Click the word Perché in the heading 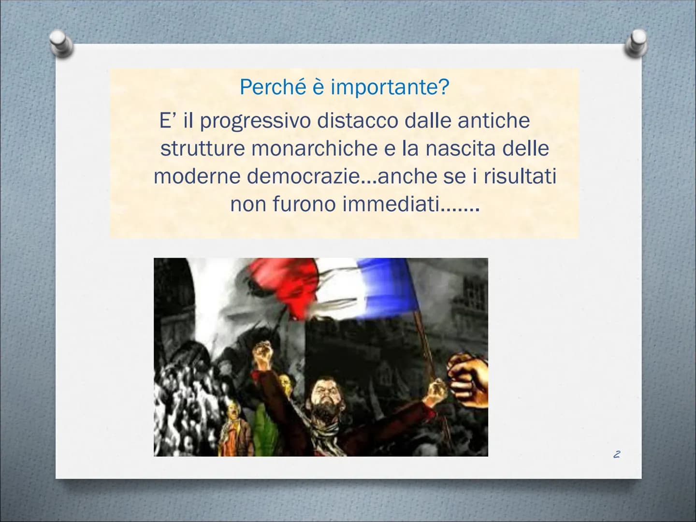point(273,87)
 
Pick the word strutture point(203,148)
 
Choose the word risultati point(520,176)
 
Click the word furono point(304,204)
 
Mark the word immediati point(391,204)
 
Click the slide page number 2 point(617,454)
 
